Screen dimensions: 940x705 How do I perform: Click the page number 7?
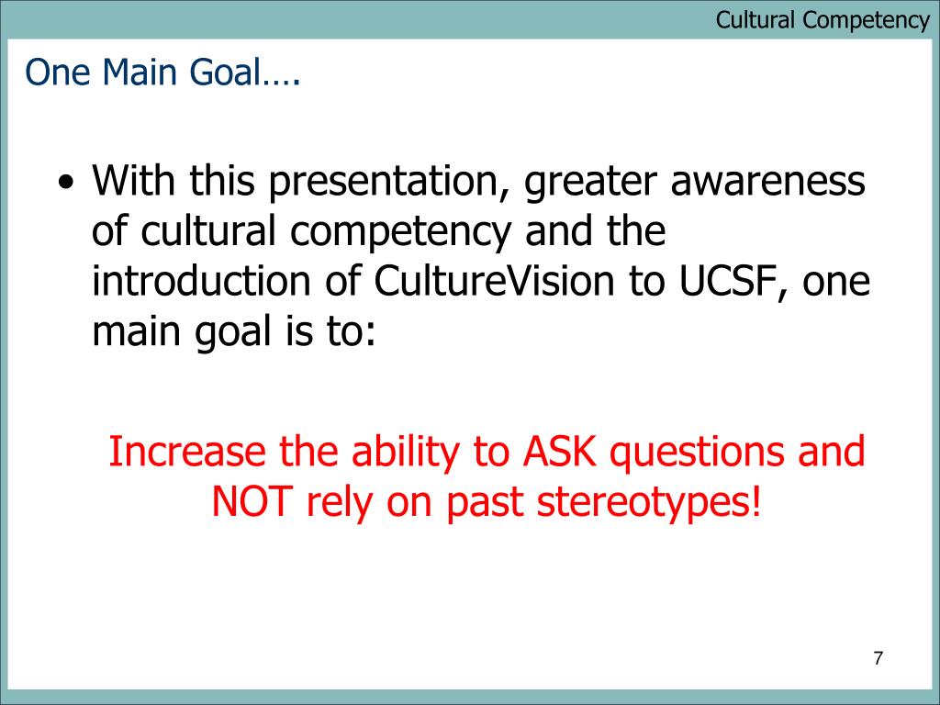[878, 658]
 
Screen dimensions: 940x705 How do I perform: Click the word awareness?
[768, 181]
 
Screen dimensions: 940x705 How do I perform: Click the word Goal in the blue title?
[226, 72]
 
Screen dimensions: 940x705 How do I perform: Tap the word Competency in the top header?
[867, 21]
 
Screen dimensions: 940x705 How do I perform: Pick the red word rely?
[339, 503]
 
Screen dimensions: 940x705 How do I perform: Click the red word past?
[485, 505]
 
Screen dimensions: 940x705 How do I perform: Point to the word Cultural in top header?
[755, 19]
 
